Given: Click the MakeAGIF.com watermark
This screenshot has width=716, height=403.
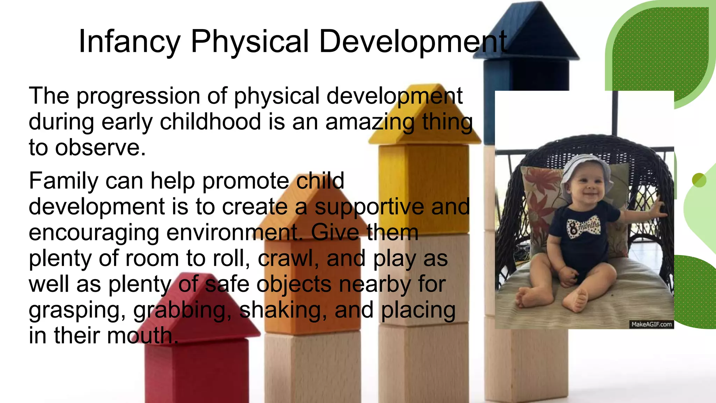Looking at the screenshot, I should [651, 324].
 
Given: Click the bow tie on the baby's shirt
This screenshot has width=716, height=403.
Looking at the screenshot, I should [584, 228].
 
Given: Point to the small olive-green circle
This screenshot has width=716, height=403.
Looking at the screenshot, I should [699, 180].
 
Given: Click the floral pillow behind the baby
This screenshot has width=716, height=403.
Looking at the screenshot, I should [540, 203].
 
